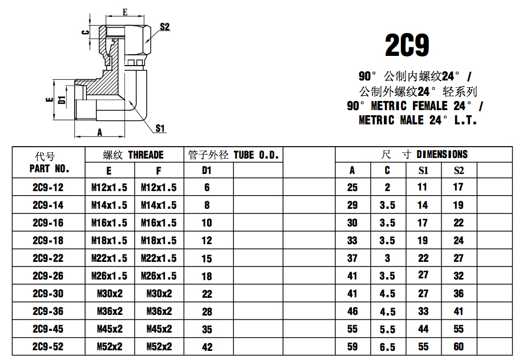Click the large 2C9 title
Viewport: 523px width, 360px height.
tap(407, 46)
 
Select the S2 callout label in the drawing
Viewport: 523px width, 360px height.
tap(165, 27)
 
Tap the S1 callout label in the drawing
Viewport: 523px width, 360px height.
tap(160, 128)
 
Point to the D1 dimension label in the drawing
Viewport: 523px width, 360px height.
tap(62, 100)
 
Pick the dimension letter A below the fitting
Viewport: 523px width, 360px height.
tap(100, 132)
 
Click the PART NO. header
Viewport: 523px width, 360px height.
tap(49, 169)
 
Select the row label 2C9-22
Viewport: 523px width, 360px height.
tap(48, 258)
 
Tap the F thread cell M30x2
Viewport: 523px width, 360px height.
tap(159, 293)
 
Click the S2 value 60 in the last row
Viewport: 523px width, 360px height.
tap(459, 347)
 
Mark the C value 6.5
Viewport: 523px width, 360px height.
tap(387, 347)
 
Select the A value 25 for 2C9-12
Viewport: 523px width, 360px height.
tap(352, 187)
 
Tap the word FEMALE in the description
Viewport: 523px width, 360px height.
tap(431, 106)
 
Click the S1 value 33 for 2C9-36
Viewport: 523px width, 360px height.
tap(423, 312)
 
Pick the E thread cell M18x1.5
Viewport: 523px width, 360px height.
tap(110, 240)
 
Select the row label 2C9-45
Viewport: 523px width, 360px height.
tap(48, 329)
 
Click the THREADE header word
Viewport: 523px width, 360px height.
tap(145, 155)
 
